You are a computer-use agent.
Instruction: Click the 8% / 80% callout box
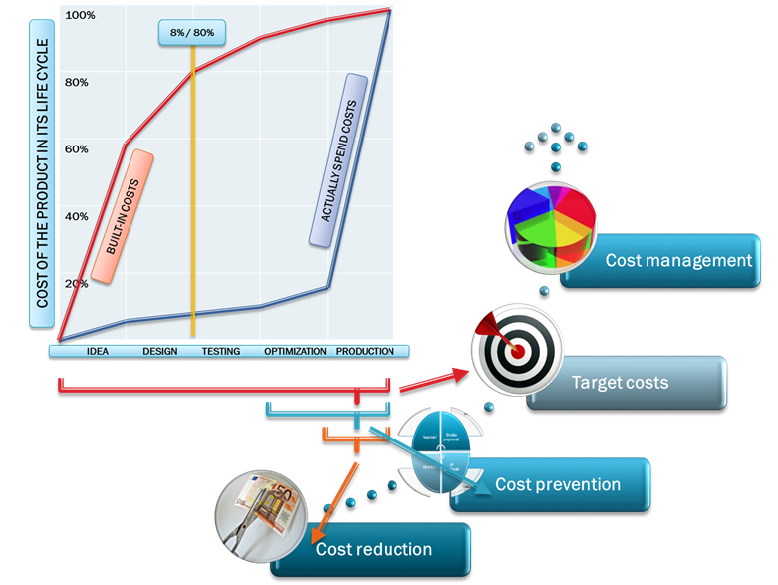[192, 33]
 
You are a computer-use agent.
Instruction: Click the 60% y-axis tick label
[77, 149]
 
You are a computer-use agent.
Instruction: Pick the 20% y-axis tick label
[77, 283]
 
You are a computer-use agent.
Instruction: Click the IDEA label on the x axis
[98, 351]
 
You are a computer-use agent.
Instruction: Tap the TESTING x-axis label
[220, 351]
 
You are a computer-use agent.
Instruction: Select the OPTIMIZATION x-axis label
[295, 351]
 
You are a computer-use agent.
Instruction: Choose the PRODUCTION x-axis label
[365, 351]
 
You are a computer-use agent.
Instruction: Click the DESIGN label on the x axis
[160, 351]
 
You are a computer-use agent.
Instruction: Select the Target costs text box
[628, 383]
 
